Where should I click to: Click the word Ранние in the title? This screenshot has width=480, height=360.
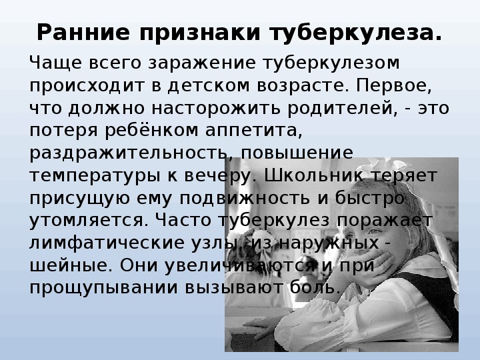83,33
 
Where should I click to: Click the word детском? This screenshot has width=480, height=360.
209,86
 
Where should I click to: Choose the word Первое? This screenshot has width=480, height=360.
394,86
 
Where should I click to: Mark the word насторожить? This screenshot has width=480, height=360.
216,109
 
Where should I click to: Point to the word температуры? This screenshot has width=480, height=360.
95,176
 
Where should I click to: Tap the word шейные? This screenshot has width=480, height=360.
71,265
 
